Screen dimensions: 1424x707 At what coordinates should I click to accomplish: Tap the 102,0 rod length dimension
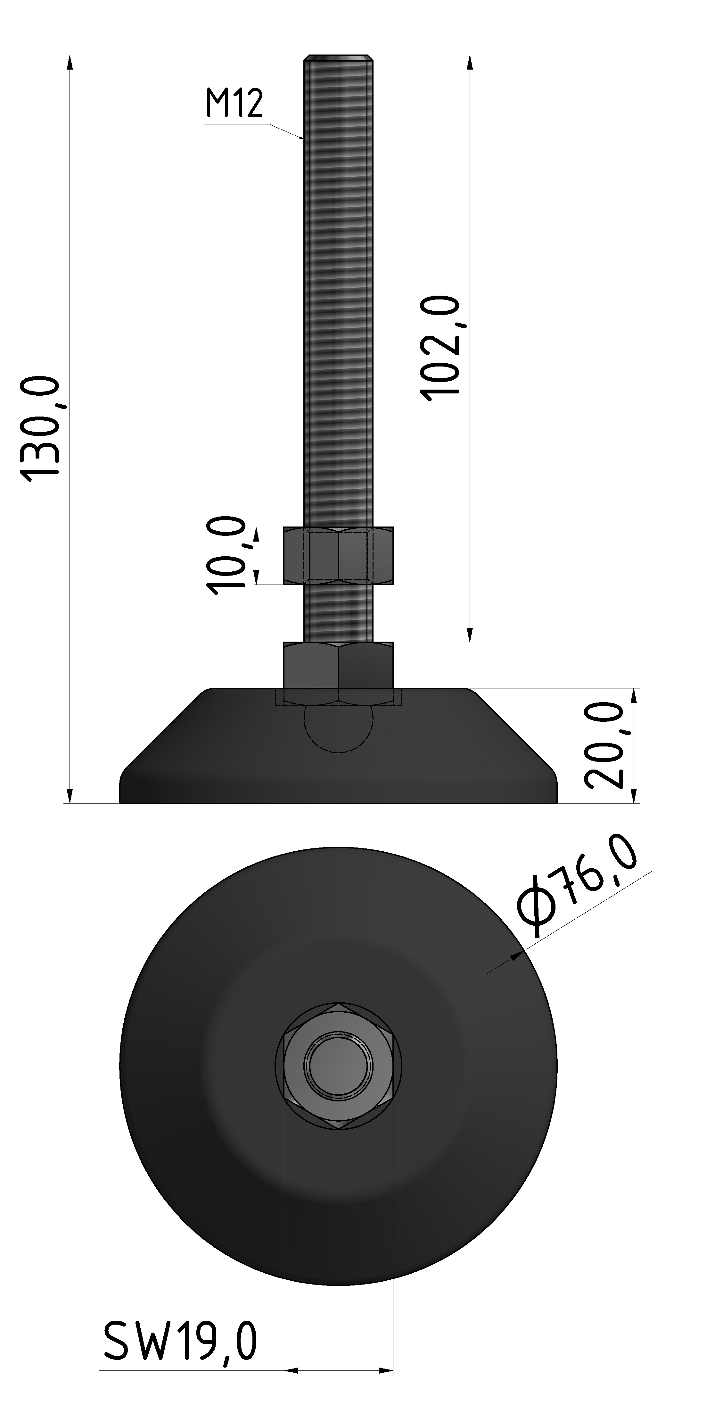440,345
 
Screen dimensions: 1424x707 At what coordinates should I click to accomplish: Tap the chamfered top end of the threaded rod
338,59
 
